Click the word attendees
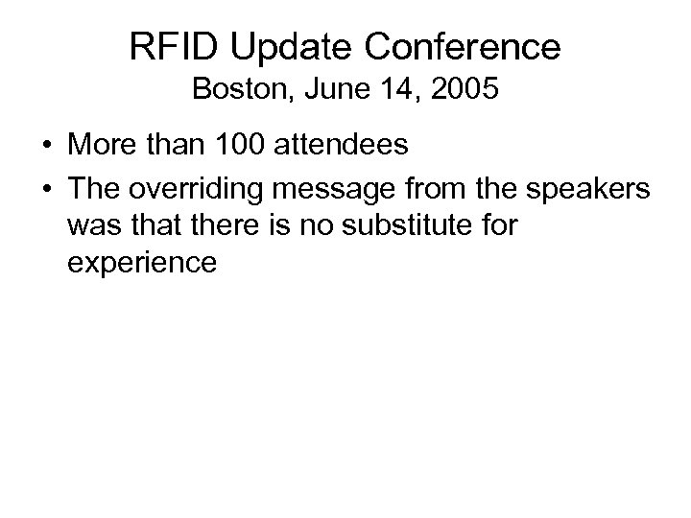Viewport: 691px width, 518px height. coord(341,146)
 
